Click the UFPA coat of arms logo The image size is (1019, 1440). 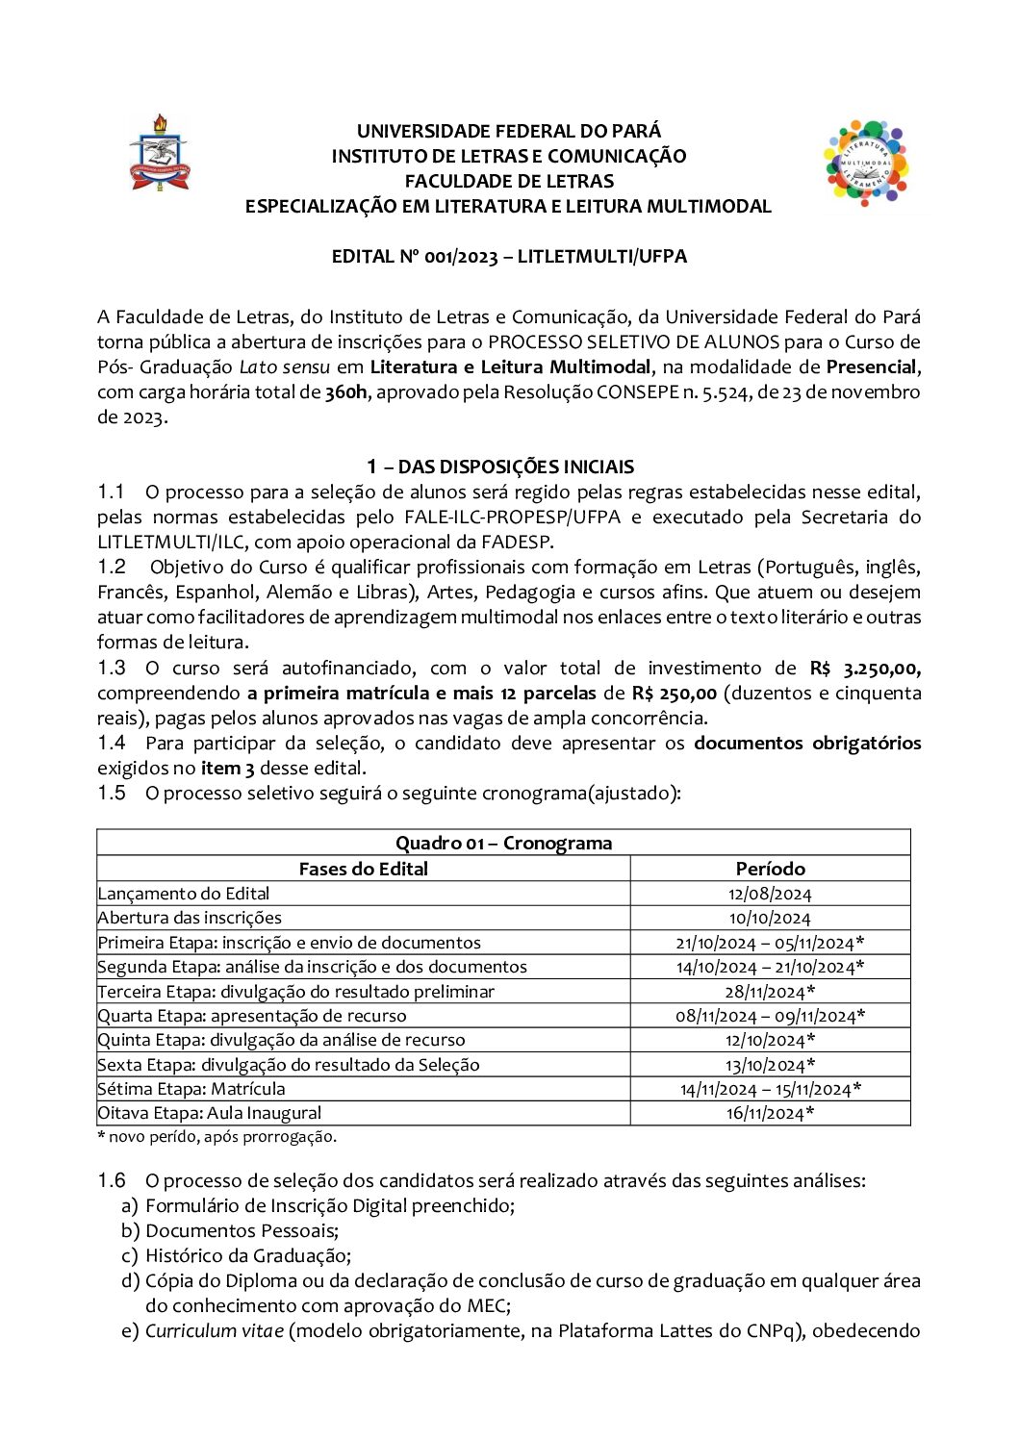[160, 153]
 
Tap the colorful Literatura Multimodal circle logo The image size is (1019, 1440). [866, 164]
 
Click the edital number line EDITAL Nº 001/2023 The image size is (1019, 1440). [509, 257]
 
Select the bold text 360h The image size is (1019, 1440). [346, 392]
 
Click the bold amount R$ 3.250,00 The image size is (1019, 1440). [865, 669]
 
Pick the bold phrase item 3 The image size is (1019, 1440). [228, 769]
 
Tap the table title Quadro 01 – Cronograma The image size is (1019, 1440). [503, 844]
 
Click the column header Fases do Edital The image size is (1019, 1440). [363, 869]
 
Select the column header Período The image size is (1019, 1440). [770, 869]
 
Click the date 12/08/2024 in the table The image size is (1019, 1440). [770, 894]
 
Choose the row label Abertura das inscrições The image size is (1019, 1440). [190, 918]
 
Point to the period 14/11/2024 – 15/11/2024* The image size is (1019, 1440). [770, 1089]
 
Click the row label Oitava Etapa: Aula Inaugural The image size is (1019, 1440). [210, 1113]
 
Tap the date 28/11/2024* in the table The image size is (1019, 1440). [770, 992]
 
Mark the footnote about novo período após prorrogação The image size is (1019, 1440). [217, 1137]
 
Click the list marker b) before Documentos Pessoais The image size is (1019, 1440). [130, 1231]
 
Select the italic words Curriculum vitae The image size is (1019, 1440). [215, 1331]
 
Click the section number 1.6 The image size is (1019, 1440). [112, 1180]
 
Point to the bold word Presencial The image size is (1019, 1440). [872, 367]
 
